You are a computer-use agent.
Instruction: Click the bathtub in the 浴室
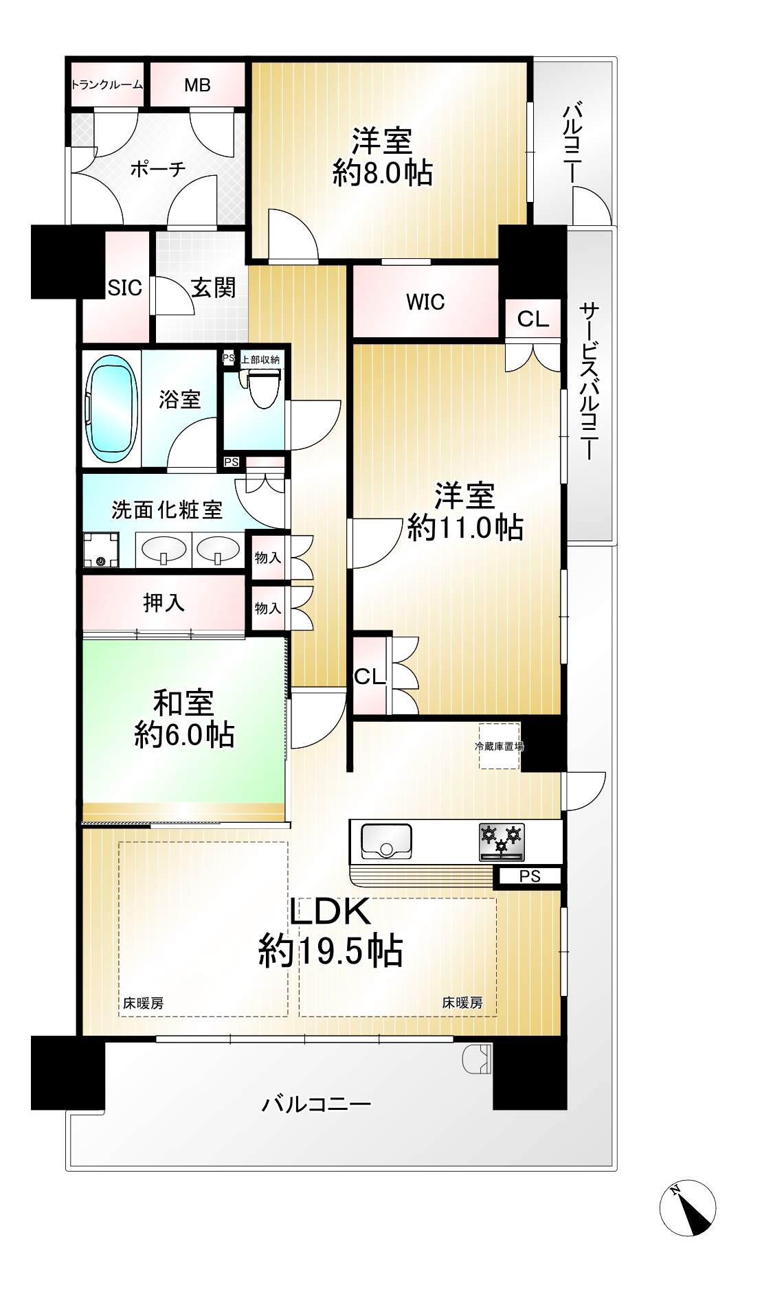(111, 409)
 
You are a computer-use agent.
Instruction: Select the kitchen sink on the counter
(386, 841)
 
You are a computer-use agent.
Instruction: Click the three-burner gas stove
(502, 841)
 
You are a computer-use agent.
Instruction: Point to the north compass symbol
(688, 1209)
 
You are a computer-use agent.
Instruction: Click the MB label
(197, 85)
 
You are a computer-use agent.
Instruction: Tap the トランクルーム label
(107, 85)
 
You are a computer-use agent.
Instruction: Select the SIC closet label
(125, 288)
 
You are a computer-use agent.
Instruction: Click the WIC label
(425, 302)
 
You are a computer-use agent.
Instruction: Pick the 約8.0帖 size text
(383, 172)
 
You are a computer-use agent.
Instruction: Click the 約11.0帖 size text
(465, 527)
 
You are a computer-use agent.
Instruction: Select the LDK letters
(330, 911)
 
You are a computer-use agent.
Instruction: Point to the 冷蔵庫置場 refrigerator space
(500, 746)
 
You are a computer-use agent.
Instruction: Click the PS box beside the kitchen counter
(530, 876)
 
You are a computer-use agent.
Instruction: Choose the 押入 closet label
(164, 602)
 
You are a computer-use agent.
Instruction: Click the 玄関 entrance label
(213, 288)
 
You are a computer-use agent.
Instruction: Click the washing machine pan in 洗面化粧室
(101, 550)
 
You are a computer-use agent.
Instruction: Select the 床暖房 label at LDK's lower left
(143, 1003)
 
